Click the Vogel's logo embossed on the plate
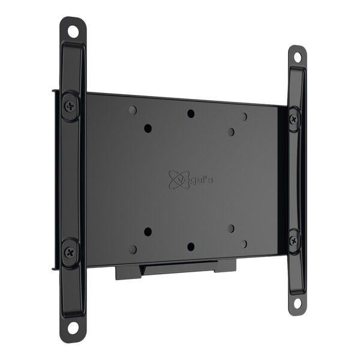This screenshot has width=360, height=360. pos(191,179)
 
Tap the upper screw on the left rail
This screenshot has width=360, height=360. pos(70,106)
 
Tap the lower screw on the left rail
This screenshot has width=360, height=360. pos(70,253)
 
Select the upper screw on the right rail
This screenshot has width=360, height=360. pos(293,119)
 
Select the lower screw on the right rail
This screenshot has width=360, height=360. pos(293,241)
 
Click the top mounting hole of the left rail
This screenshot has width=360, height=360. pos(73,31)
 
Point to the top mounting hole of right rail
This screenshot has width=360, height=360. pos(298,57)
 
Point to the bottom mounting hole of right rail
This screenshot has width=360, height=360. pos(297,304)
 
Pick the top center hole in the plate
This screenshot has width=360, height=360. pos(191,113)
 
